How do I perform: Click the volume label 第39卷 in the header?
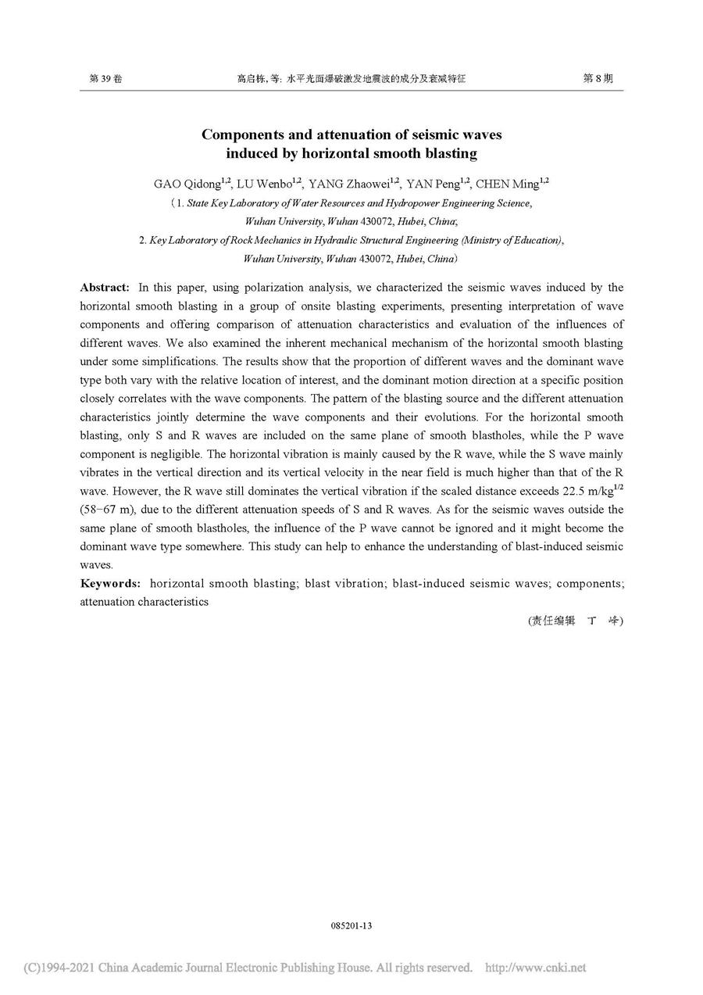(x=106, y=79)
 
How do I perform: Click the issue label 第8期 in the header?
(x=598, y=79)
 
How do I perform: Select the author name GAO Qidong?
(x=187, y=184)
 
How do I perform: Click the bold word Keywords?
(x=110, y=583)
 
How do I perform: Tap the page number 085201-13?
(x=351, y=925)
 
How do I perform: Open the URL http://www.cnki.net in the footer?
(x=535, y=968)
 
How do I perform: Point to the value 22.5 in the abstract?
(x=565, y=491)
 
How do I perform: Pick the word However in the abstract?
(x=129, y=491)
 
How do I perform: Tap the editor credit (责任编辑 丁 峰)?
(x=576, y=621)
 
